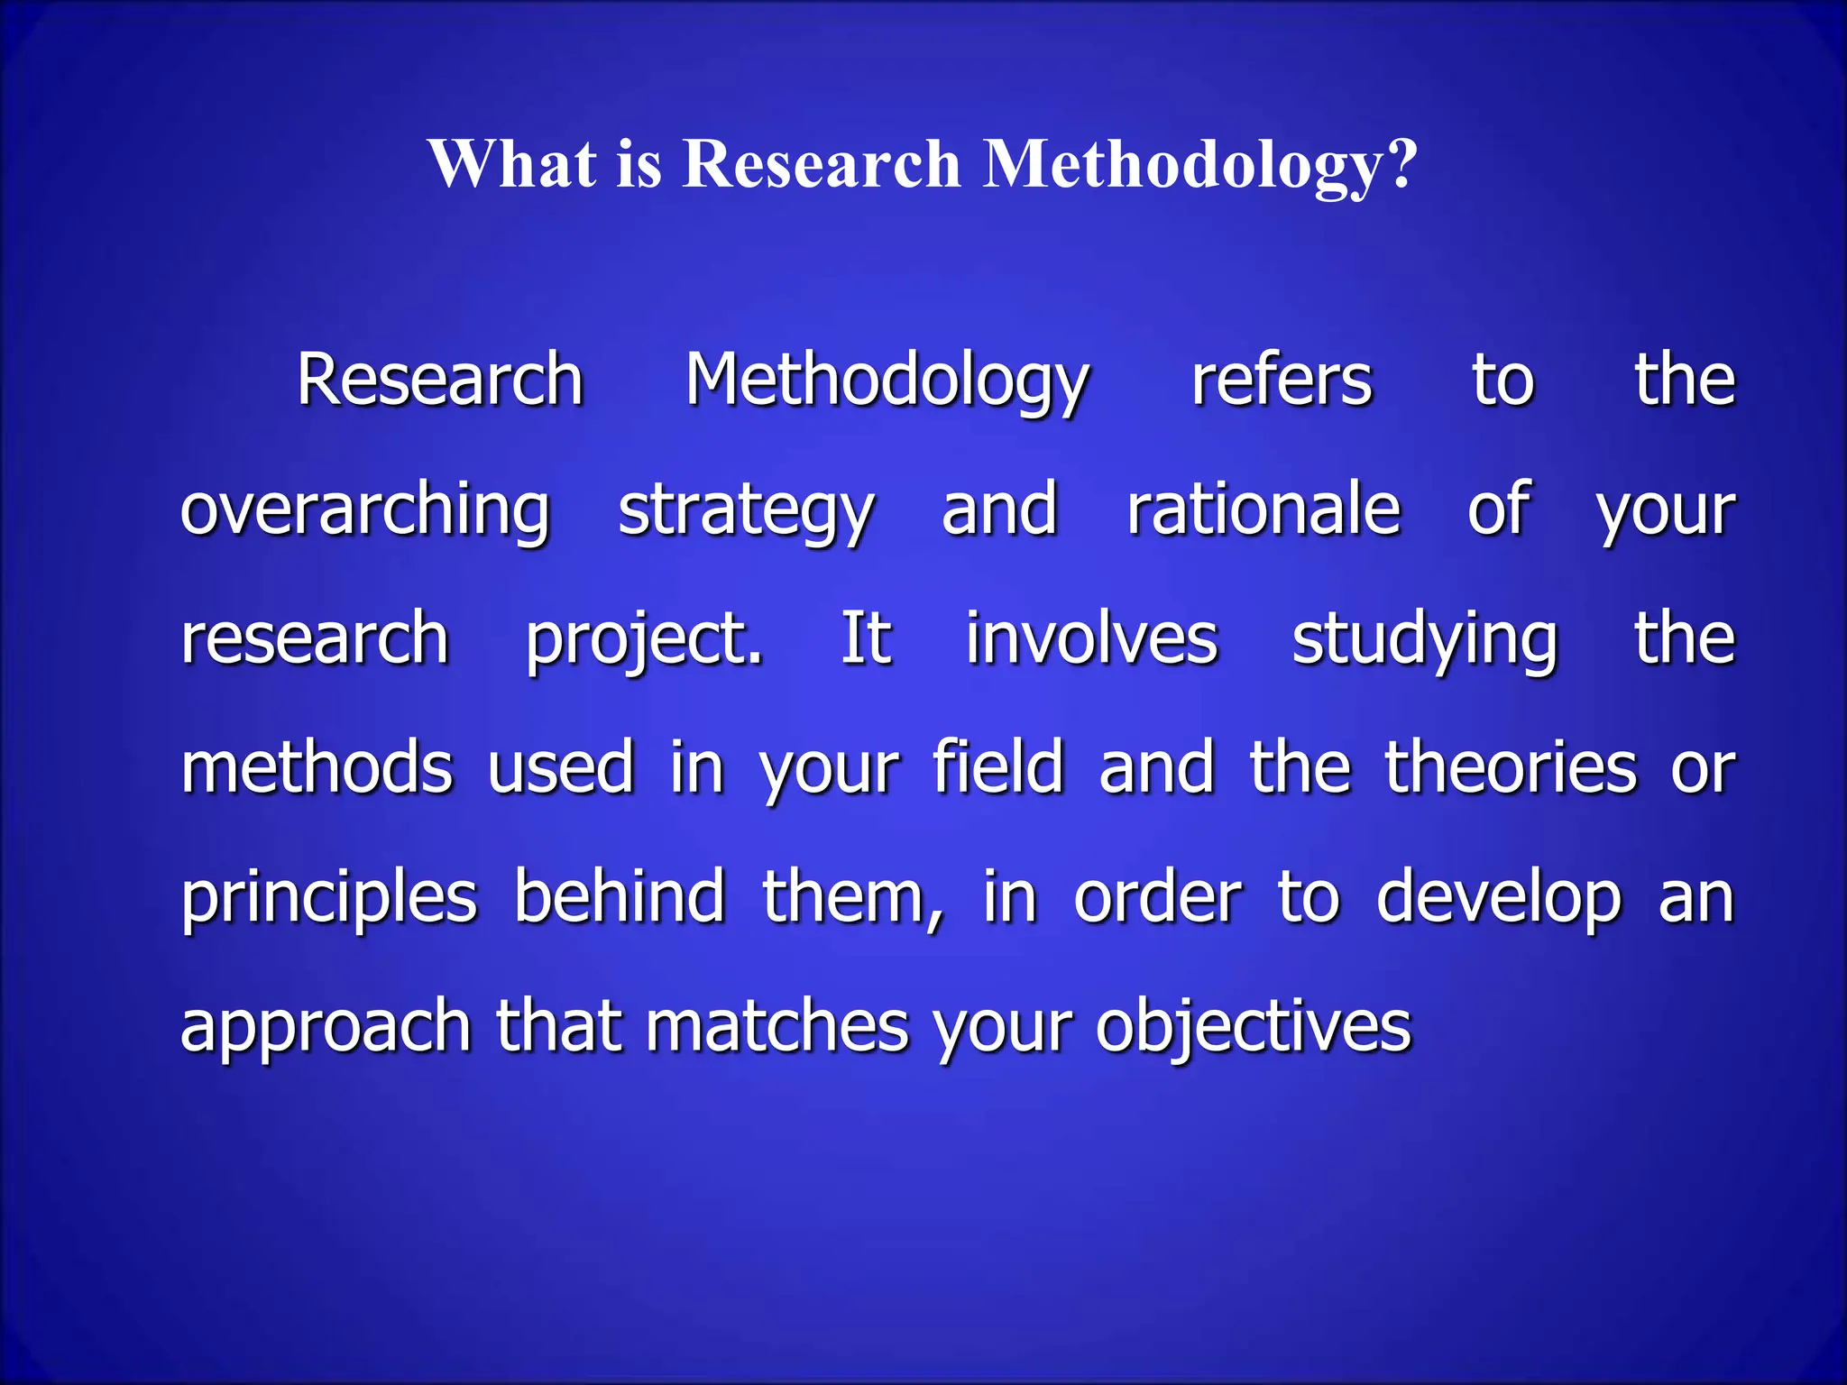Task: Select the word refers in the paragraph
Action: tap(1282, 381)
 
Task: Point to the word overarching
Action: tap(365, 510)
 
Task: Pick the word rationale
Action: tap(1263, 509)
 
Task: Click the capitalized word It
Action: tap(866, 638)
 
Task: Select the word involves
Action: tap(1091, 638)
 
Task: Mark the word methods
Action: tap(317, 768)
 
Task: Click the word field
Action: tap(998, 768)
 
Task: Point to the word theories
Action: tap(1510, 768)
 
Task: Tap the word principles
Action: tap(329, 898)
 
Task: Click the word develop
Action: tap(1499, 898)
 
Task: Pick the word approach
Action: tap(326, 1028)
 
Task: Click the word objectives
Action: tap(1253, 1028)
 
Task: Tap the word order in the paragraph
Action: tap(1157, 898)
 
